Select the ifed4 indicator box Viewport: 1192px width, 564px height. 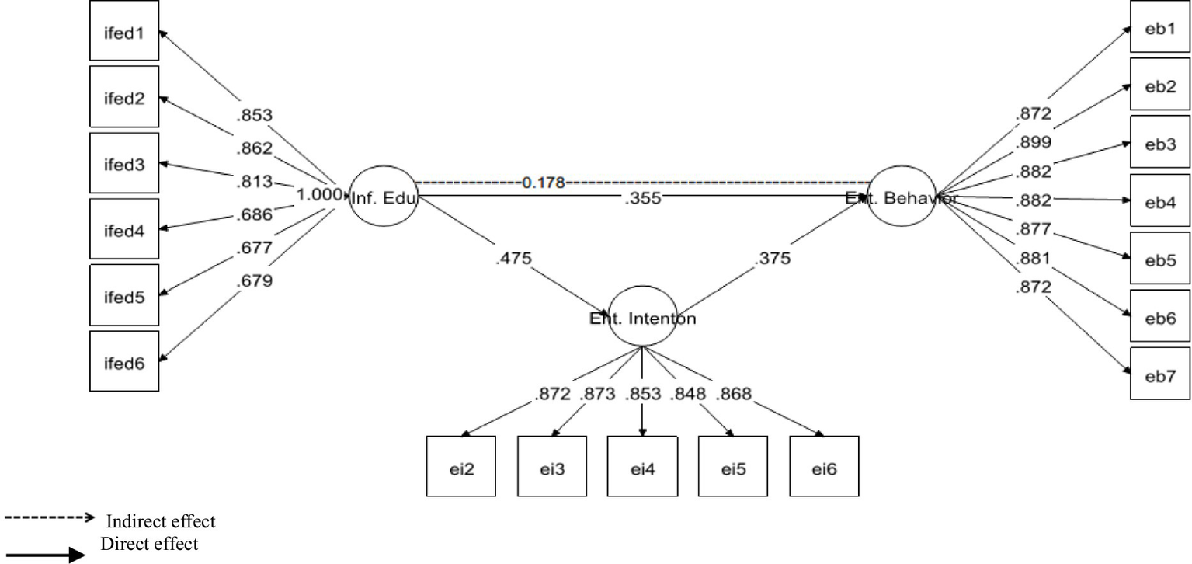coord(124,229)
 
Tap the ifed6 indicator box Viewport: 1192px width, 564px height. coord(124,360)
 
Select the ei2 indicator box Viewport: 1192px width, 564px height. coord(461,466)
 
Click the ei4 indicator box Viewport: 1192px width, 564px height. coord(642,466)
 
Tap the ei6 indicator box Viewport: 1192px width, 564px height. coord(824,466)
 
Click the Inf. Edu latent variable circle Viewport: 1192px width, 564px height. coord(384,197)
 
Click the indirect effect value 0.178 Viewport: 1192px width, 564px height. coord(544,183)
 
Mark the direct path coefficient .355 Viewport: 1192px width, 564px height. coord(642,199)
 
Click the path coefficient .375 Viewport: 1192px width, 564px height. coord(773,259)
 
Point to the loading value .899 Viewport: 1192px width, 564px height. coord(1033,142)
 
